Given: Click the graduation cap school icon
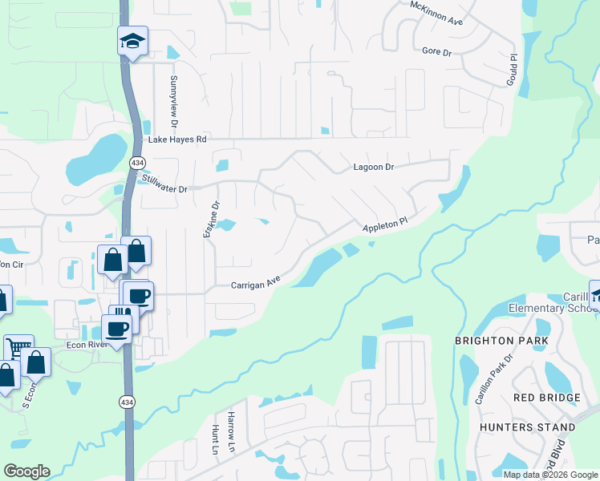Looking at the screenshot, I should click(133, 41).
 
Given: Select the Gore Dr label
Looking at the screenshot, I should click(438, 51).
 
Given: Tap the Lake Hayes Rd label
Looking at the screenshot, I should click(178, 139).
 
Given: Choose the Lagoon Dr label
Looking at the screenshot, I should click(375, 168).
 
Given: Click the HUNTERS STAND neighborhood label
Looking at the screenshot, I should click(527, 427).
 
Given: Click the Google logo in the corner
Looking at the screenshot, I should click(26, 471).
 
